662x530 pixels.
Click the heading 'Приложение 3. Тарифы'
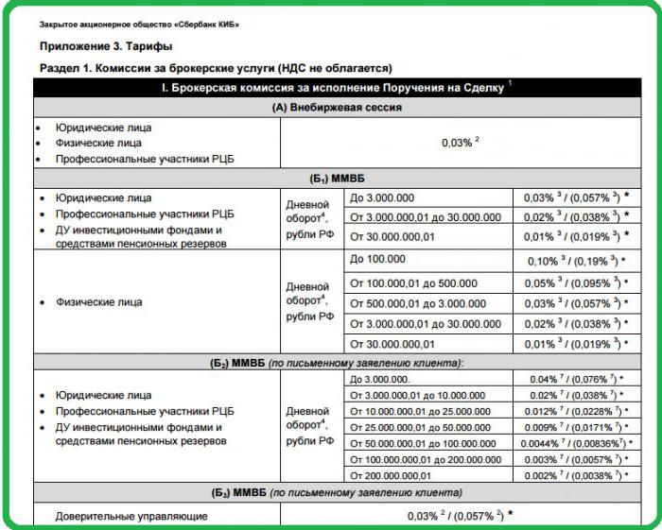pyautogui.click(x=106, y=45)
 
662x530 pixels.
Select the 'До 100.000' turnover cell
pyautogui.click(x=377, y=259)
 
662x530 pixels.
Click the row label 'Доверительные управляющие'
pyautogui.click(x=131, y=517)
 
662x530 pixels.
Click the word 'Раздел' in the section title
pyautogui.click(x=59, y=68)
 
